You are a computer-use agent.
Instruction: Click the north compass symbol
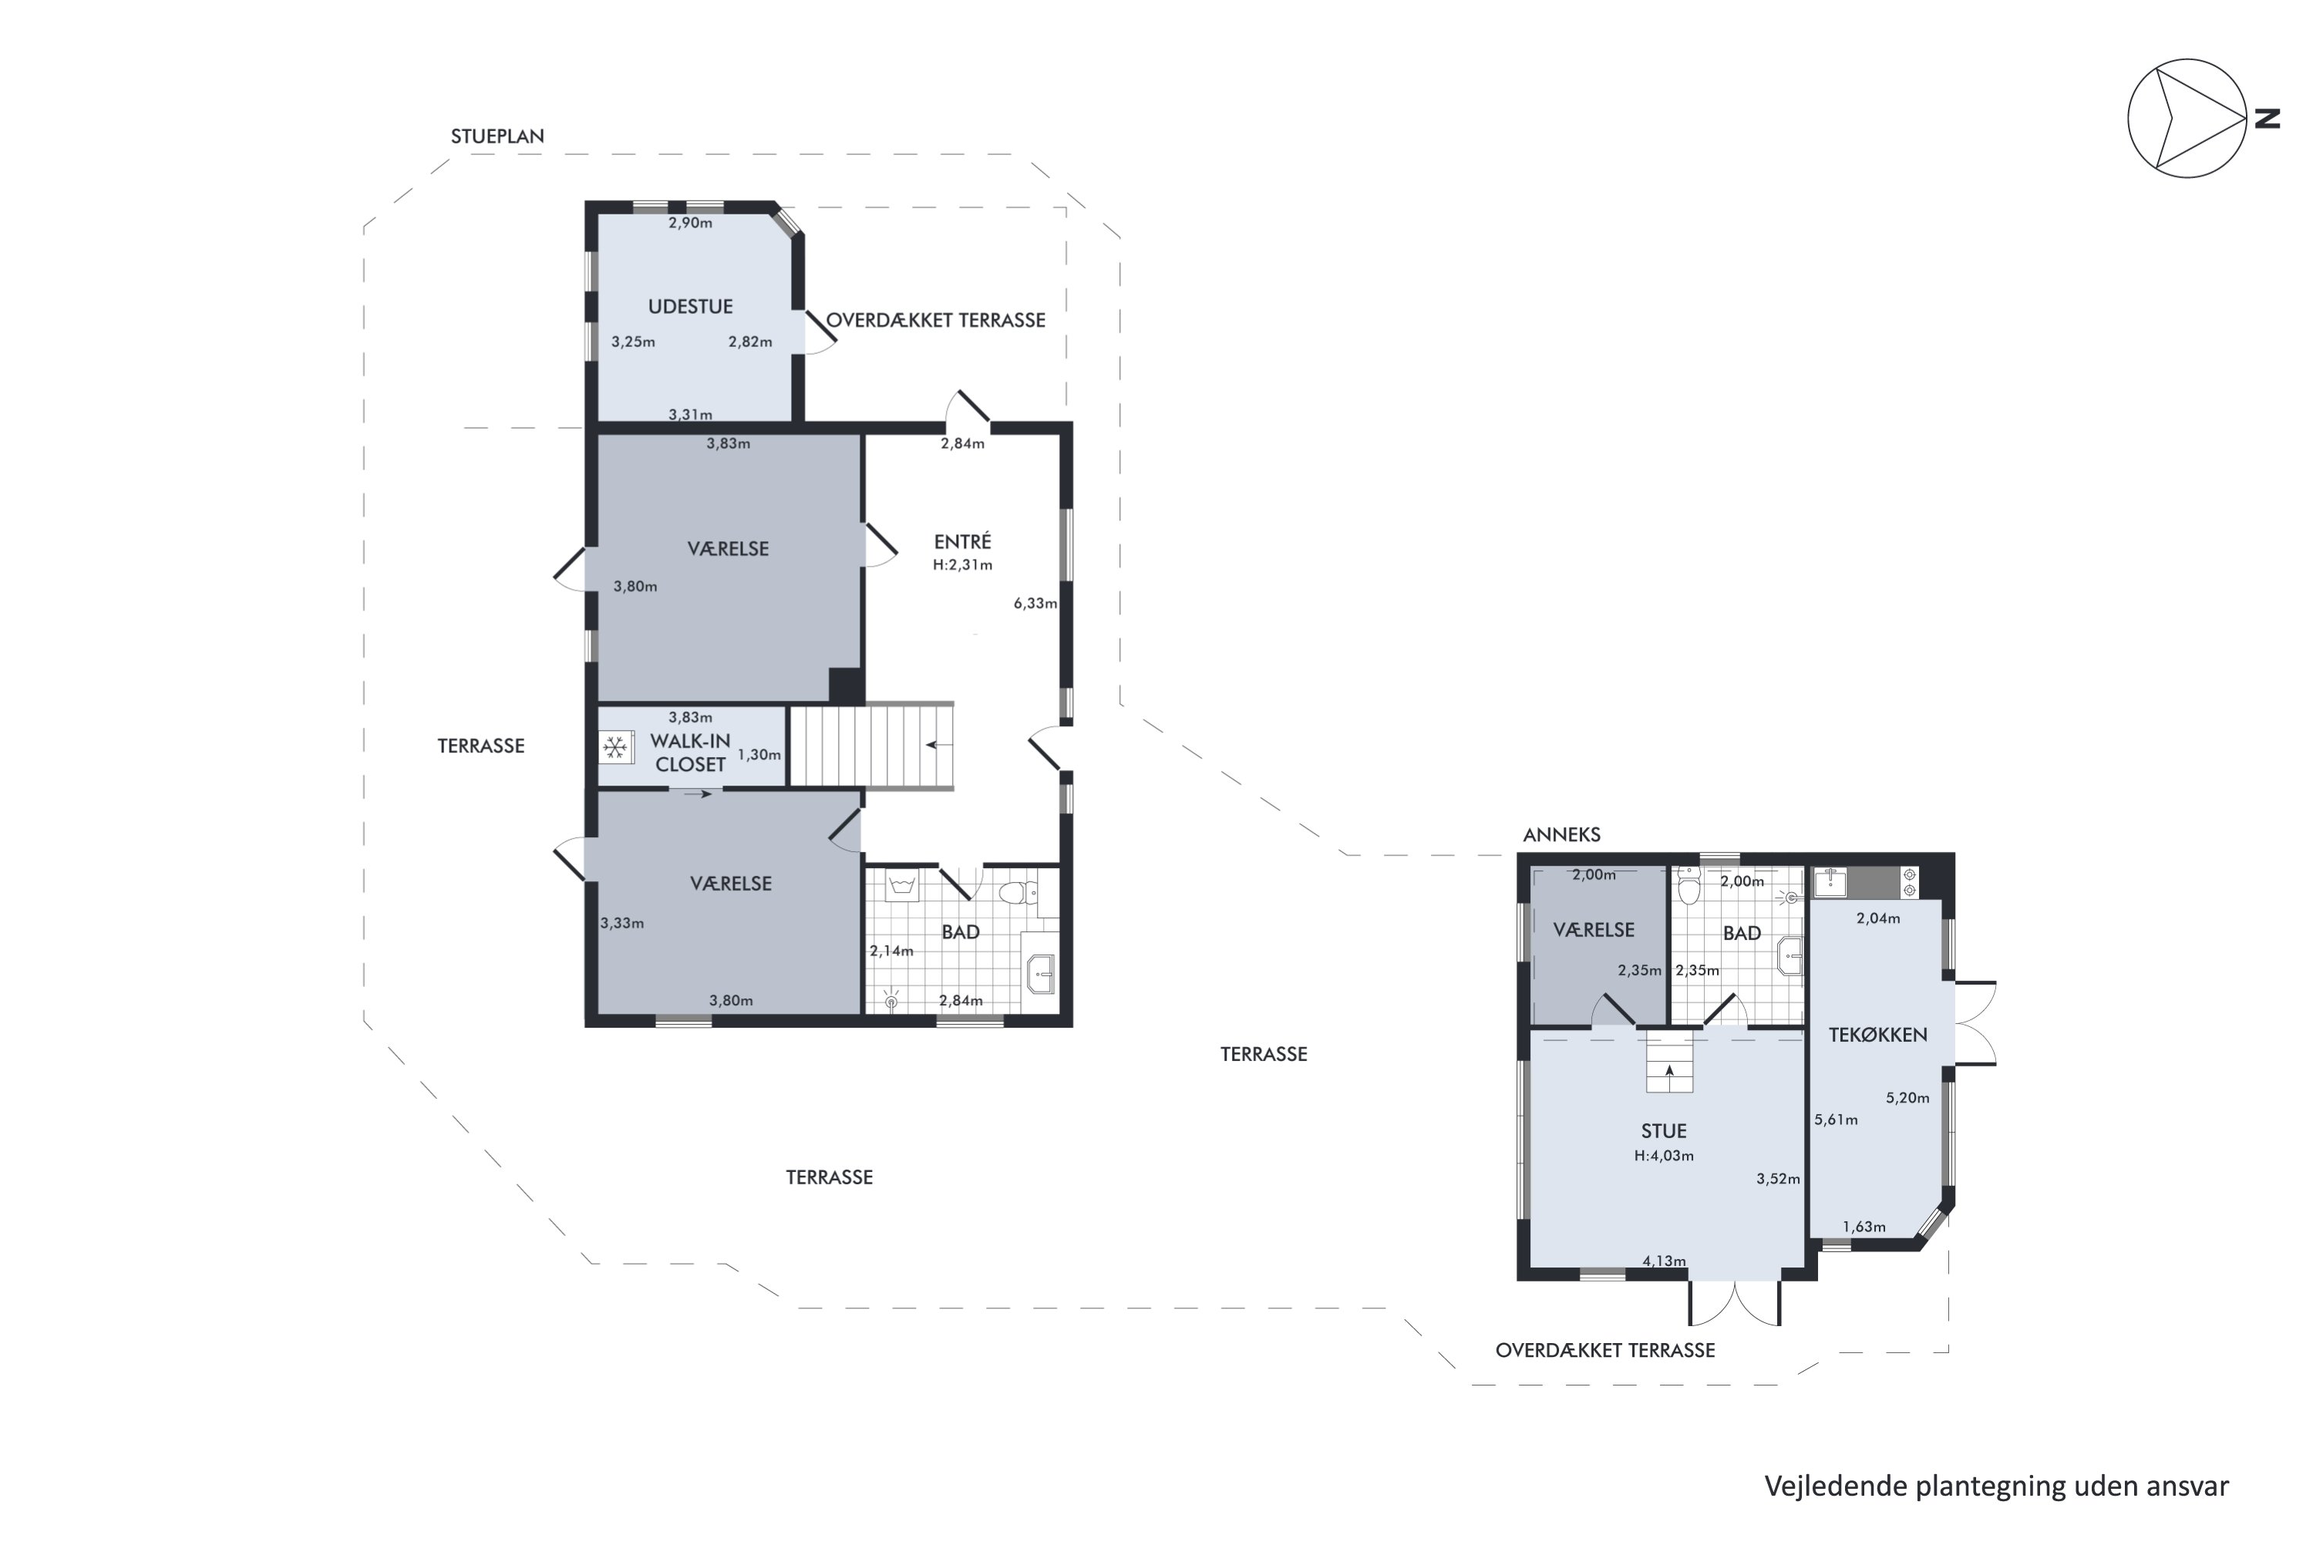pos(2188,118)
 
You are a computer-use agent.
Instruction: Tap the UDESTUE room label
pos(690,307)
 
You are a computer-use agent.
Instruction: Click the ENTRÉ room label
pos(963,541)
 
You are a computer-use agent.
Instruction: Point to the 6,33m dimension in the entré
pos(1035,604)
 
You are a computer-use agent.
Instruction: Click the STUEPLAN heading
pos(497,136)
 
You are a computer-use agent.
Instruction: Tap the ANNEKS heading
pos(1562,835)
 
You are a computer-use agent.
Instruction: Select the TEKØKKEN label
pos(1877,1035)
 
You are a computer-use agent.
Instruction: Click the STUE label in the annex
pos(1664,1131)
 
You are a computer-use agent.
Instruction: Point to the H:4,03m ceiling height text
pos(1664,1156)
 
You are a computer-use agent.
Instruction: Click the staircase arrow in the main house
pos(938,746)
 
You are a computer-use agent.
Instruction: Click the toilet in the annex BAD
pos(1689,886)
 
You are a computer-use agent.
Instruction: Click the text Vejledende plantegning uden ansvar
pos(1996,1486)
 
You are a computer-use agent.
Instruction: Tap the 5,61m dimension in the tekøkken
pos(1836,1119)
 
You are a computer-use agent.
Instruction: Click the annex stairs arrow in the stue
pos(1670,1072)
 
